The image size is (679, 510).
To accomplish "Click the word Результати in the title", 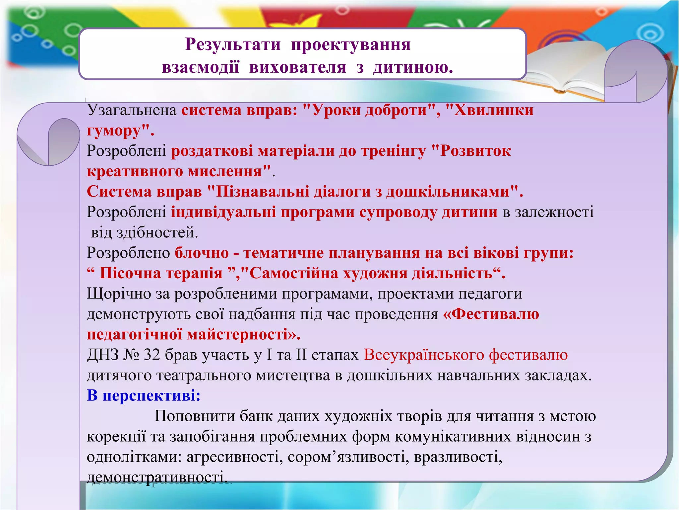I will click(x=233, y=44).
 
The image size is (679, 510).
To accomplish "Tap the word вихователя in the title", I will click(x=297, y=67).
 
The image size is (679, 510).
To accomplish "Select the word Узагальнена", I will click(x=132, y=110).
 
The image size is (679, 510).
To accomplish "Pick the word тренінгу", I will click(x=393, y=151).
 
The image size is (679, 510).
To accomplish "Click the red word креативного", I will click(x=135, y=171).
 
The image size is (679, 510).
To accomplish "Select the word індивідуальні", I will click(x=223, y=212).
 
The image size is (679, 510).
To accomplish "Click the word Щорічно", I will click(x=119, y=294).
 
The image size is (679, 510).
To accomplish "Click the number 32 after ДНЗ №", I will click(x=152, y=355).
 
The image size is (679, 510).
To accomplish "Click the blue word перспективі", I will click(x=151, y=395).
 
